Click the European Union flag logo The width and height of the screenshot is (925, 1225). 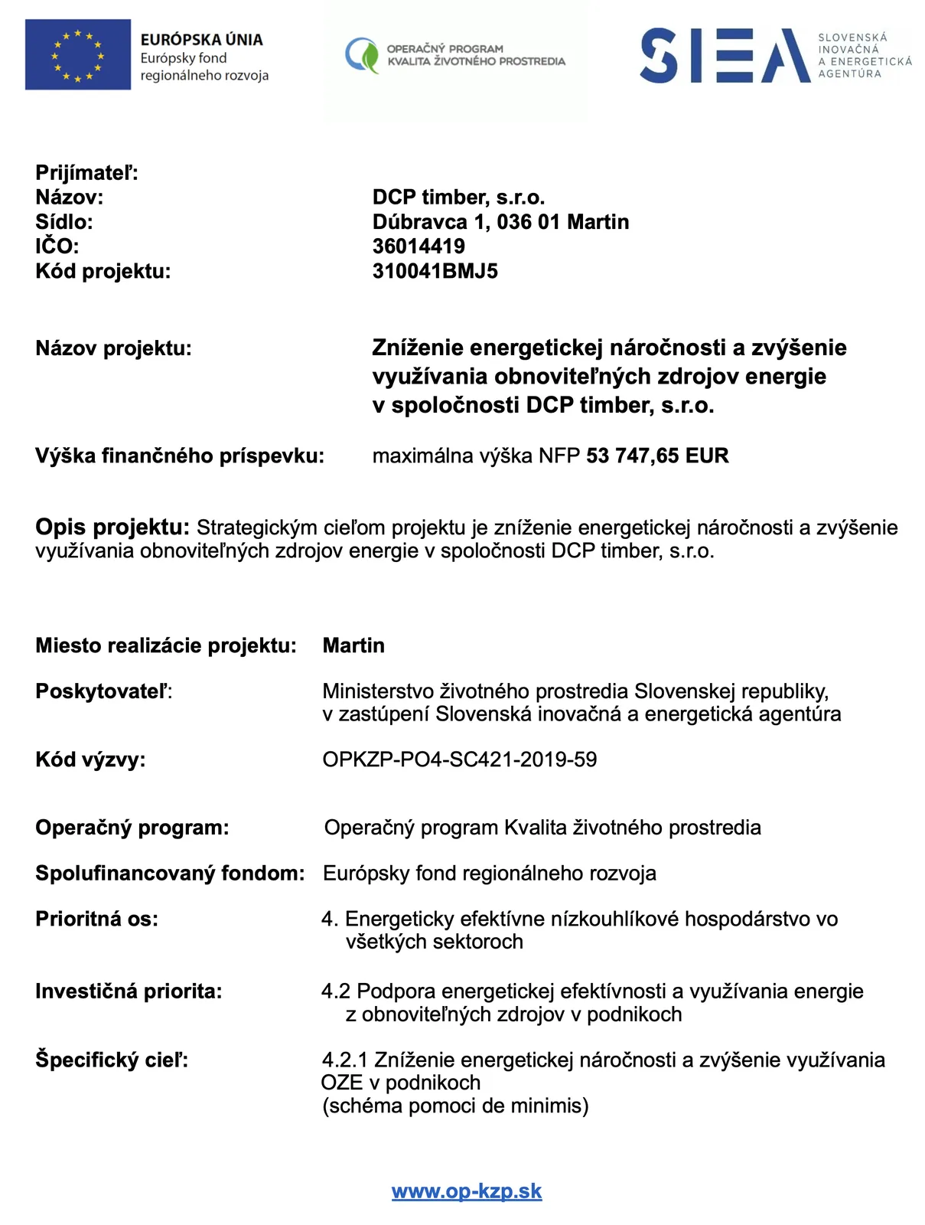point(77,55)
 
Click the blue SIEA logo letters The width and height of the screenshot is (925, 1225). point(724,55)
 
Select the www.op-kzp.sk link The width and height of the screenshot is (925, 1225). point(467,1191)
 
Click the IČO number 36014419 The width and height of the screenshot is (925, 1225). point(419,247)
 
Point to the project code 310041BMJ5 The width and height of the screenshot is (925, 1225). point(435,271)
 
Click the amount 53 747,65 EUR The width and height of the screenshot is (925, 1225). point(657,456)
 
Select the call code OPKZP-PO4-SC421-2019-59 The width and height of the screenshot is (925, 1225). point(459,759)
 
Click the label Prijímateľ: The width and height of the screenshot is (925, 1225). point(86,173)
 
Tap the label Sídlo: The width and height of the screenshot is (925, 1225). point(64,222)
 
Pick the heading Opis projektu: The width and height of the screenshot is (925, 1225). point(112,528)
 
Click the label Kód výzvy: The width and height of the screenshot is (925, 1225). point(90,759)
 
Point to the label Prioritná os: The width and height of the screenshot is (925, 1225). point(96,919)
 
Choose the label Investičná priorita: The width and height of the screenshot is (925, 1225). point(129,991)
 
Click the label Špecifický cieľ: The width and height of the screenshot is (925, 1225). point(112,1060)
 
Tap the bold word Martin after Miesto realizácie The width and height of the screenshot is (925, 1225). point(353,645)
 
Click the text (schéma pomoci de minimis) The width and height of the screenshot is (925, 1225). point(455,1106)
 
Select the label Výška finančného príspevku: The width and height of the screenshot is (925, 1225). point(180,456)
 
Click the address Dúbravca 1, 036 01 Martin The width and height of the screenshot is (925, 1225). point(500,222)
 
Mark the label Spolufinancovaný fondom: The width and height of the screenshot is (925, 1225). point(170,874)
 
